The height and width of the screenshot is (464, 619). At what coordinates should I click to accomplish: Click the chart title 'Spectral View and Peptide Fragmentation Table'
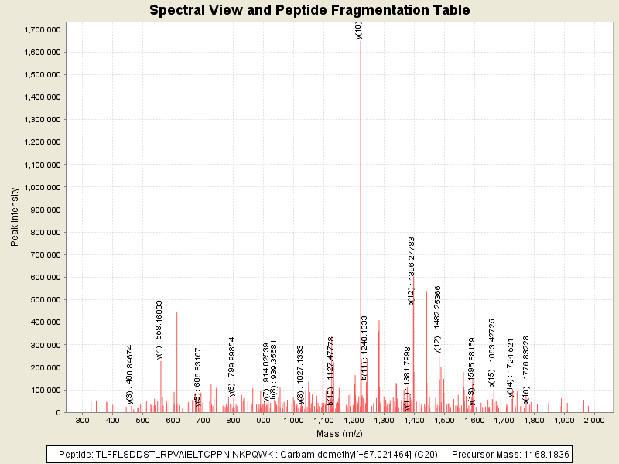[309, 10]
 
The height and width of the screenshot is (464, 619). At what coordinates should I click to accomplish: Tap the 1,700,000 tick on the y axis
[43, 29]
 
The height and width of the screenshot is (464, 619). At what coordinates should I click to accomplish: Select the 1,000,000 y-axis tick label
[43, 187]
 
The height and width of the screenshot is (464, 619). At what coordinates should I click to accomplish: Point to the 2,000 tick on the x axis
[593, 420]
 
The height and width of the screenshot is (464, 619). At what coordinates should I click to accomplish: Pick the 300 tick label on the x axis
[83, 420]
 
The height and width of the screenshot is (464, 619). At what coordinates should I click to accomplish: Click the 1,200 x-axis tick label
[353, 420]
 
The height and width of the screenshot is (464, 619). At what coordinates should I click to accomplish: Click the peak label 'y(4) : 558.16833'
[159, 329]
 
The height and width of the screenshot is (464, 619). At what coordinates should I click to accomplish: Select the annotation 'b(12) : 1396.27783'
[412, 271]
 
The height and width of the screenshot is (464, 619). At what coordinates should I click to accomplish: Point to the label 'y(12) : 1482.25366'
[438, 319]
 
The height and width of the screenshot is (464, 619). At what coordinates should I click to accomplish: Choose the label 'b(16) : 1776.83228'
[526, 370]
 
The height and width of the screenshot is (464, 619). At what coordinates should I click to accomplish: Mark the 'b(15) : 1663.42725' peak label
[491, 352]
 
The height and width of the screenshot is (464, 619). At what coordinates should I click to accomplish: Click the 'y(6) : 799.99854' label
[232, 367]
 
